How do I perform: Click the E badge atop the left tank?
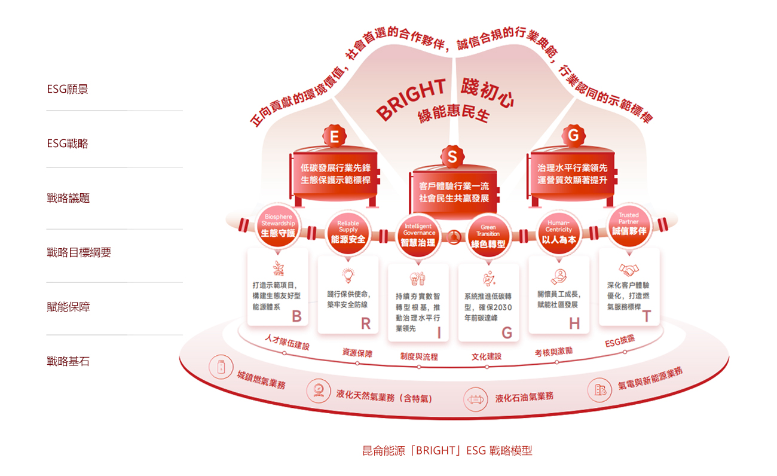pos(334,136)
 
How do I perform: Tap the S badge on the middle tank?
pos(452,157)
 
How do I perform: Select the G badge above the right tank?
pos(573,135)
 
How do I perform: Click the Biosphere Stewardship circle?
pos(278,226)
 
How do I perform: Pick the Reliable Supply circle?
pos(348,233)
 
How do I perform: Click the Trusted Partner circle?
pos(629,225)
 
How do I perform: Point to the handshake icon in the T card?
pos(629,269)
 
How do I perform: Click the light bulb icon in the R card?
pos(348,276)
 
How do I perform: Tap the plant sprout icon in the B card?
pos(278,268)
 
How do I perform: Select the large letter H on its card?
pos(574,324)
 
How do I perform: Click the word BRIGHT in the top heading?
pos(411,100)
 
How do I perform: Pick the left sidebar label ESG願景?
pos(68,89)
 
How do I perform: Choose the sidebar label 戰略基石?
pos(68,362)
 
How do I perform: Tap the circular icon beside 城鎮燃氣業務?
pos(221,367)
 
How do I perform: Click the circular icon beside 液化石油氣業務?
pos(476,399)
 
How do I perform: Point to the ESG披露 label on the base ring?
pos(620,341)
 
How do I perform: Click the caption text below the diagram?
pos(447,451)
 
